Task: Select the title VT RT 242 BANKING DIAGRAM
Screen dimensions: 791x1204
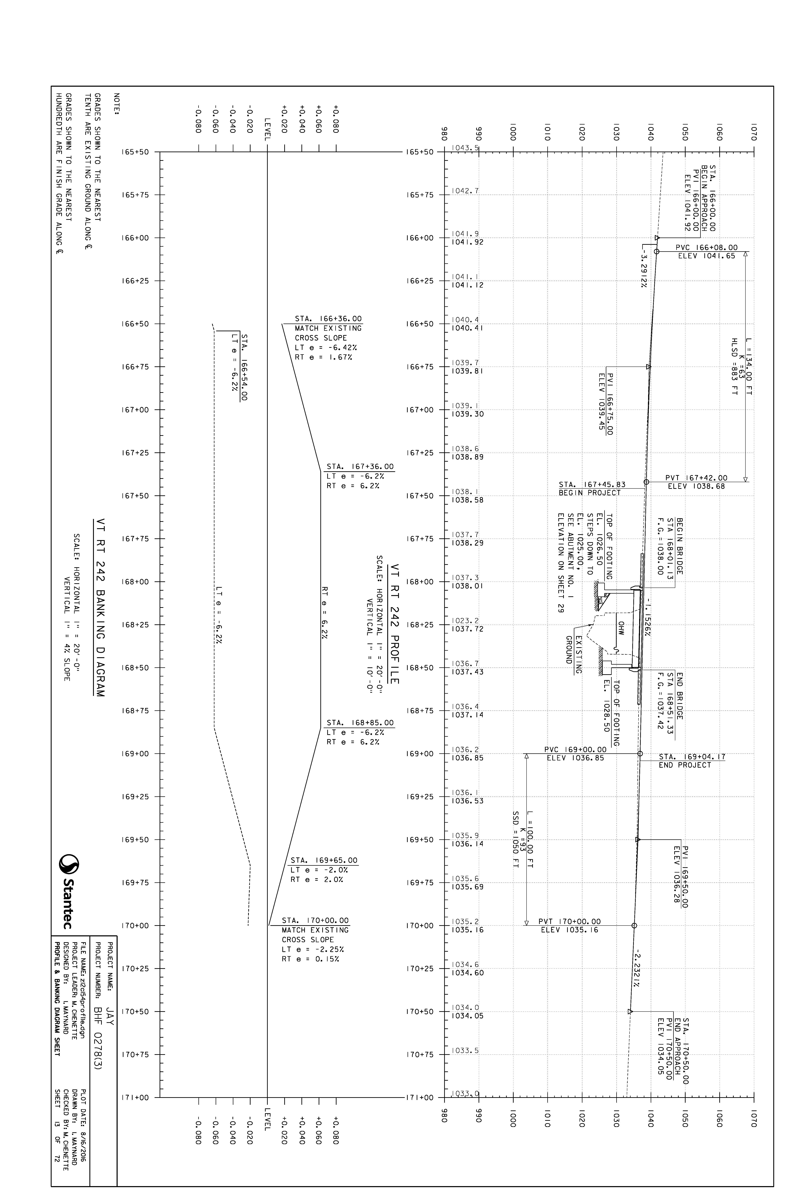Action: click(100, 608)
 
